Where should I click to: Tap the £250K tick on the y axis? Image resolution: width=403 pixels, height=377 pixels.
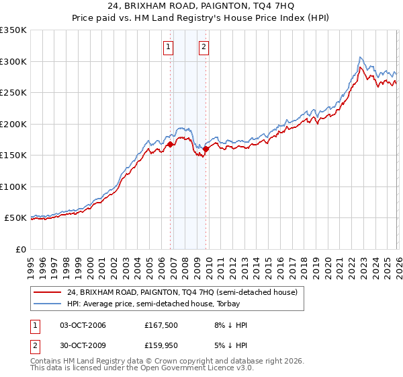click(x=13, y=93)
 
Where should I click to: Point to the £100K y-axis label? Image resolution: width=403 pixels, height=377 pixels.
click(x=13, y=186)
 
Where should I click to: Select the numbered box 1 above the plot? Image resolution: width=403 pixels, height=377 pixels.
click(x=167, y=47)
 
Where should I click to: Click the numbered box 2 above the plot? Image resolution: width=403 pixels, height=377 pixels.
click(x=203, y=47)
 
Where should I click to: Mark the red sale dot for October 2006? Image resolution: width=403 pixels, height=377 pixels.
click(x=170, y=144)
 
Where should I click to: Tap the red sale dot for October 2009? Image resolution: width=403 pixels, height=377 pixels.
click(x=206, y=149)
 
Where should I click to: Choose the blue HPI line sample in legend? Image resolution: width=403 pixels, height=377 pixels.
click(x=48, y=304)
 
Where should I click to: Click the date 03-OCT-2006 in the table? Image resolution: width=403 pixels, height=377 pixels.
click(x=83, y=325)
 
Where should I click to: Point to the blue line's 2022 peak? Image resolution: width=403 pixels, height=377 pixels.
click(x=361, y=57)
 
